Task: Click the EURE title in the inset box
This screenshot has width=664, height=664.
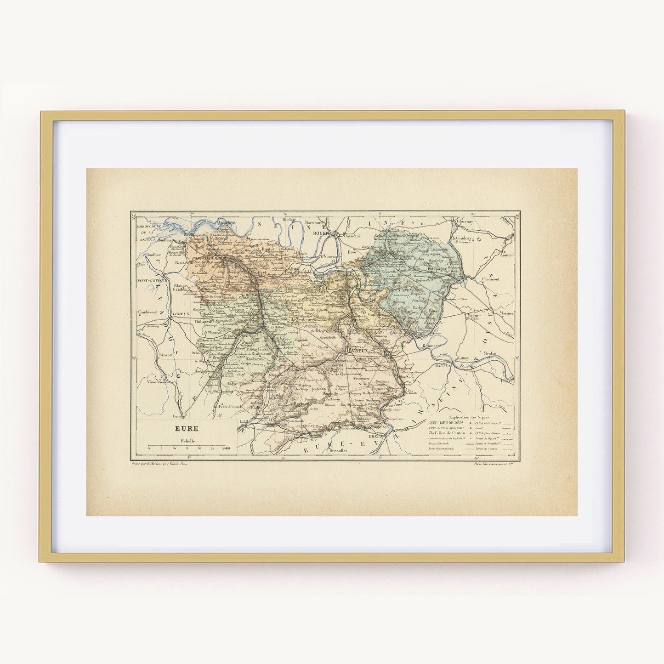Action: (186, 429)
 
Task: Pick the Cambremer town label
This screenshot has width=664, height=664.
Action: (147, 312)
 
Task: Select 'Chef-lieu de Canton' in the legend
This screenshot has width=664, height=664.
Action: (446, 433)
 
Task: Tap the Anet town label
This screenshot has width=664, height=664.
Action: (398, 392)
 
